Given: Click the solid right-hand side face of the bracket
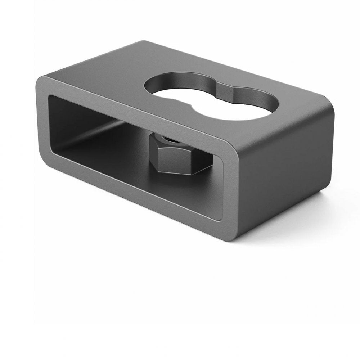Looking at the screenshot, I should click(x=284, y=173).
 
